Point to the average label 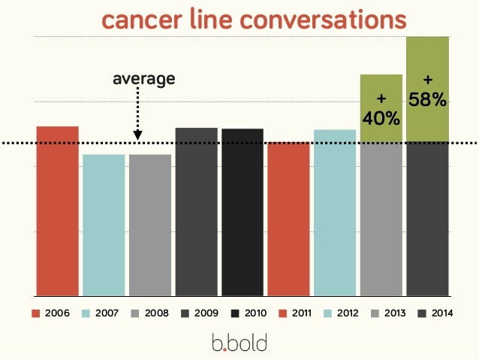(x=143, y=78)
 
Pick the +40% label (x=381, y=110)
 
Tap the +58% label (x=428, y=89)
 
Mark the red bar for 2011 (x=289, y=218)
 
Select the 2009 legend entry (x=198, y=313)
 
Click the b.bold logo (x=239, y=343)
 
